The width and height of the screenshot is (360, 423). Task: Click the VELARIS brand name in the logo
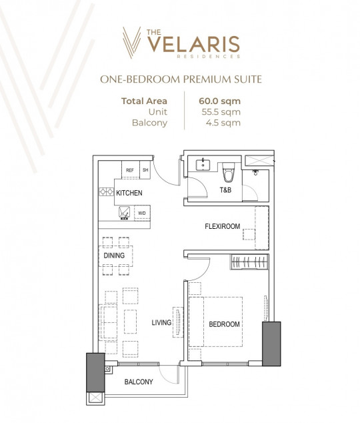pos(193,44)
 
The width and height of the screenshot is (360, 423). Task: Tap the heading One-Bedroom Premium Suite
pos(180,80)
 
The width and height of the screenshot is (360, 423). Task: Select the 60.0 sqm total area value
pos(219,101)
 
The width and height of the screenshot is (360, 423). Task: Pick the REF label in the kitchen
pos(130,170)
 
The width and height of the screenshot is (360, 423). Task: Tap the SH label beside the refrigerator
pos(145,170)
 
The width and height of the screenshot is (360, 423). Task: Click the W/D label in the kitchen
pos(141,214)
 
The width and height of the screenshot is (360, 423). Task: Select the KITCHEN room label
pos(129,193)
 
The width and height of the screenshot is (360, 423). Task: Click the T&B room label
pos(226,190)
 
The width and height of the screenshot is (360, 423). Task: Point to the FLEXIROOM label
pos(222,227)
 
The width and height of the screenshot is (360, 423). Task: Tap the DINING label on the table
pos(114,255)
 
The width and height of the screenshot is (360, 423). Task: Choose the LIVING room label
pos(161,323)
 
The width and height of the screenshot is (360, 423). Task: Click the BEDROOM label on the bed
pos(224,324)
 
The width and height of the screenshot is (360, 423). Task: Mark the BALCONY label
pos(139,382)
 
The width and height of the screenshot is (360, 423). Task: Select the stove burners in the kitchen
pos(106,192)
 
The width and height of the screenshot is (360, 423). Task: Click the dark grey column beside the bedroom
pos(272,343)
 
